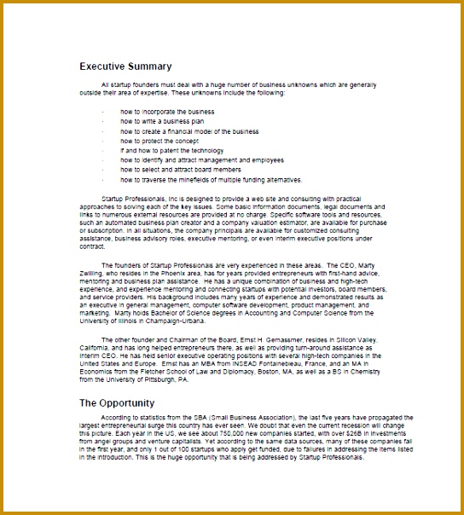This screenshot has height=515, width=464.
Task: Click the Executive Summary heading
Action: (x=125, y=66)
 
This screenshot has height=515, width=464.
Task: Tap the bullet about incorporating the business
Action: (x=167, y=112)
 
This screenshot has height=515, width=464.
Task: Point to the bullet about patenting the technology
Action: (x=171, y=151)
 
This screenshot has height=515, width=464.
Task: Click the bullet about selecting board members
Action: (x=181, y=171)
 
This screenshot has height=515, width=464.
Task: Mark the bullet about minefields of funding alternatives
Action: (x=211, y=180)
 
